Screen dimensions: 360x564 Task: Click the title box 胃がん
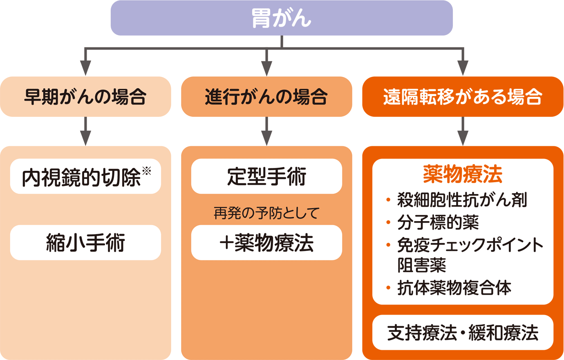point(282,18)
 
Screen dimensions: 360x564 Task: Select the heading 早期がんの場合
point(85,97)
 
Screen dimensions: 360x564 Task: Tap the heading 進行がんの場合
point(266,97)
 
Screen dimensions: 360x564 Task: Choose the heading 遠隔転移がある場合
point(463,97)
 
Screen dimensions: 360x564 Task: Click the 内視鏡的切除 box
point(82,177)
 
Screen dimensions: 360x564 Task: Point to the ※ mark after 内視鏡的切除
point(146,170)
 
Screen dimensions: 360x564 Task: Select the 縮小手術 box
point(85,243)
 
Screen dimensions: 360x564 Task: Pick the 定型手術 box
point(266,177)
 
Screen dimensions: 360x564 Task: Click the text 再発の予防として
point(266,213)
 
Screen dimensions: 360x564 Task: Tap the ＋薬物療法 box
point(266,243)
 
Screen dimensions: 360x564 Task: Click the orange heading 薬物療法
point(463,174)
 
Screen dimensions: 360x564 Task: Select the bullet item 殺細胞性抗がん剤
point(462,200)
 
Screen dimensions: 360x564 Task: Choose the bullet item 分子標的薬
point(438,223)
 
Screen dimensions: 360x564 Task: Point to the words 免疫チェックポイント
point(470,245)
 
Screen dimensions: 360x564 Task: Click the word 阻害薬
point(421,265)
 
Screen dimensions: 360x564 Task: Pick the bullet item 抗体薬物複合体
point(454,288)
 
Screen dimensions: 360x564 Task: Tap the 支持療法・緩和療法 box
point(463,333)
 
